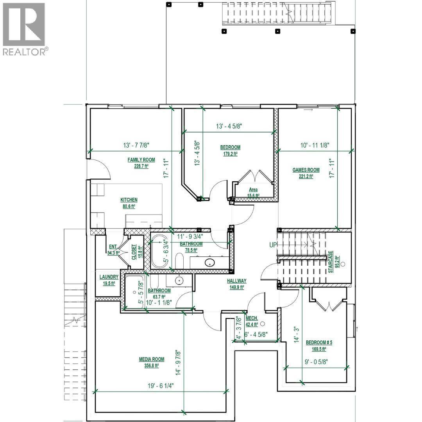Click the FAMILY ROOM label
(x=141, y=160)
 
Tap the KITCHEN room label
(x=129, y=200)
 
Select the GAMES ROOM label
(x=306, y=170)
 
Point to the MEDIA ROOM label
(x=151, y=359)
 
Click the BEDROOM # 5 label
(x=319, y=343)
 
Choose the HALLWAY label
(x=237, y=281)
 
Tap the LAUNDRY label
(x=109, y=277)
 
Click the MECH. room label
(x=252, y=318)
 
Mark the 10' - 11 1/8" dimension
(x=315, y=145)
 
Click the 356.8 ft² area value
(x=151, y=366)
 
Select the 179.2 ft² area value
(x=230, y=154)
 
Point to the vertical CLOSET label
(x=134, y=252)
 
